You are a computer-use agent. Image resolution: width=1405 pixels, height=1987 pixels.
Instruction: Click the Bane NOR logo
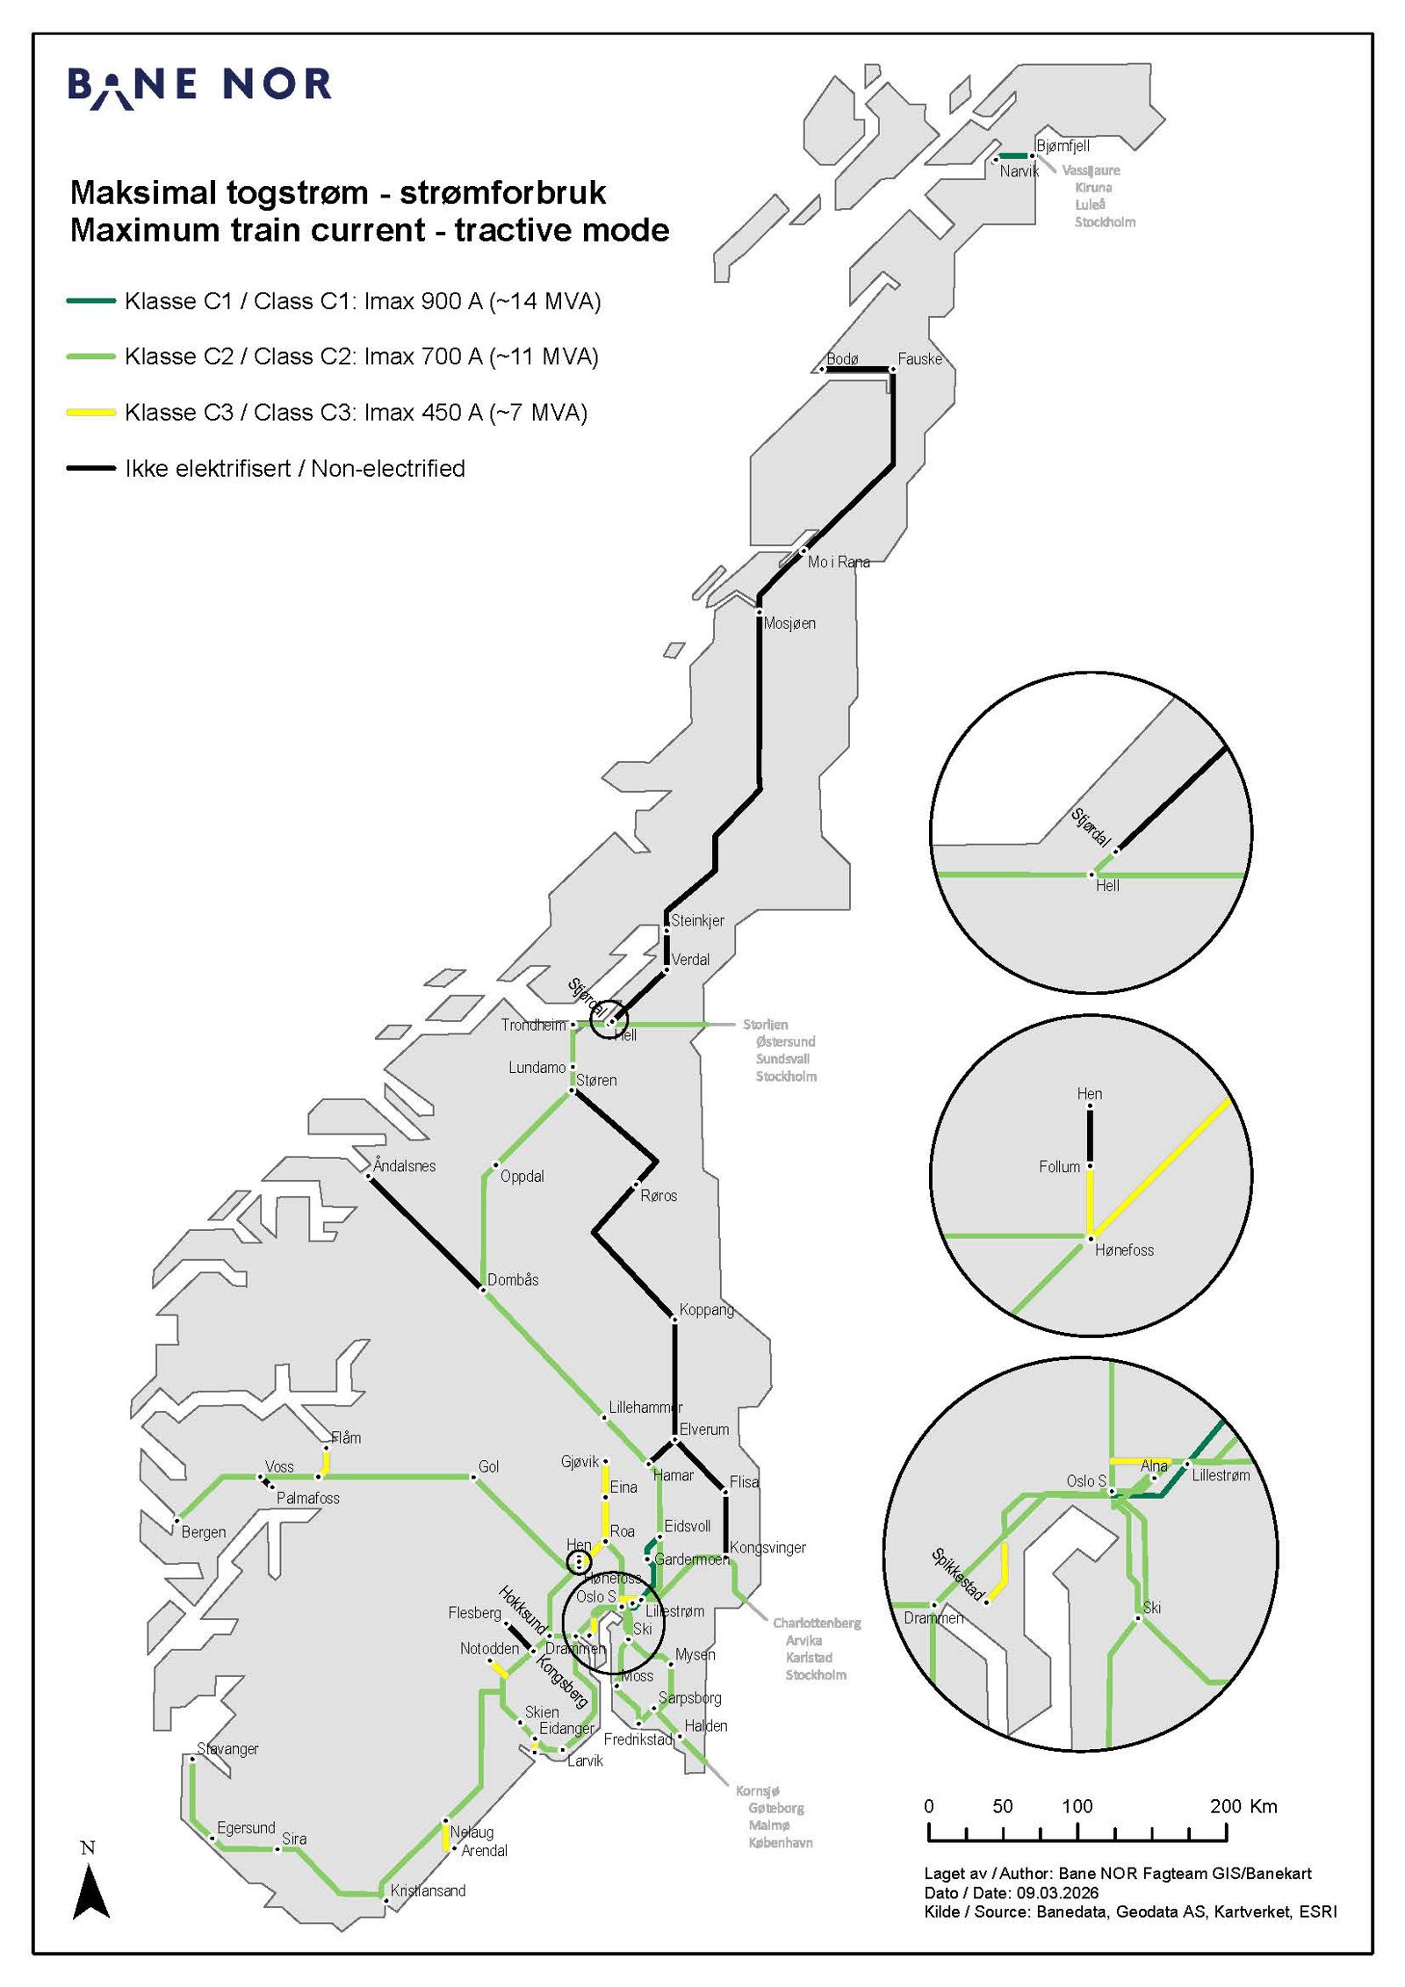(x=199, y=86)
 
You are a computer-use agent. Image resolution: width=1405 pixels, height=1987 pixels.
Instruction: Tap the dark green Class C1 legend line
(x=91, y=301)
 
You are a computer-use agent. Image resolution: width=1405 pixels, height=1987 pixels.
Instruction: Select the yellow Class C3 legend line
(x=91, y=412)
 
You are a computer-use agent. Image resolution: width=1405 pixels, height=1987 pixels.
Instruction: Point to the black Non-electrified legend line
(x=91, y=468)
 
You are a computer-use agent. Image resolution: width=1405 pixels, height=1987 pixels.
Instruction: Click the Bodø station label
(x=842, y=359)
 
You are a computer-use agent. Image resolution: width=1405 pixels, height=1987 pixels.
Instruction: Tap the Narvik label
(x=1019, y=171)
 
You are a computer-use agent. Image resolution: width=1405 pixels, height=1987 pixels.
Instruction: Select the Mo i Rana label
(x=839, y=562)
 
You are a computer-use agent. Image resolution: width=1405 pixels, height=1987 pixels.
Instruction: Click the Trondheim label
(x=533, y=1025)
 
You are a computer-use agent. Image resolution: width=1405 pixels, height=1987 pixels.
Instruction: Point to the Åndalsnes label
(x=404, y=1166)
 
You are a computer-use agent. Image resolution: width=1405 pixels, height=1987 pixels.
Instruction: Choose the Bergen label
(x=204, y=1532)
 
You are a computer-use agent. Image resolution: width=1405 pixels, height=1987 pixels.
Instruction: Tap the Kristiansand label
(x=428, y=1890)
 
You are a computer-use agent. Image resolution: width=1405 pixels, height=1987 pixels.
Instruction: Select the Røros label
(x=659, y=1196)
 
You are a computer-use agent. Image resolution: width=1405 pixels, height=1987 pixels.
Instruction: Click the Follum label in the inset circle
(x=1059, y=1167)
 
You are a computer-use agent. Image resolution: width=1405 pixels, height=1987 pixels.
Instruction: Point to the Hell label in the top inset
(x=1107, y=886)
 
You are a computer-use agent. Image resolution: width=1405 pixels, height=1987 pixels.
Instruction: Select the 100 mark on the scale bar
(x=1077, y=1806)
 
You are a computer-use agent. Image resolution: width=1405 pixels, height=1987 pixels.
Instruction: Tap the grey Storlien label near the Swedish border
(x=765, y=1025)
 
